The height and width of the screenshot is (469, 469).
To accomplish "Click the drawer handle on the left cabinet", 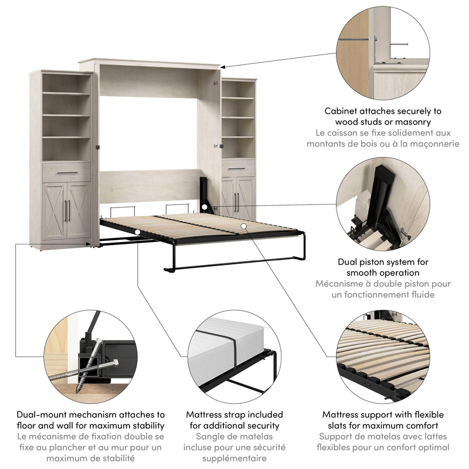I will click(x=67, y=173).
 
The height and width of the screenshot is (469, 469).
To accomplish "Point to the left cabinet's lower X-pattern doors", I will click(x=67, y=211).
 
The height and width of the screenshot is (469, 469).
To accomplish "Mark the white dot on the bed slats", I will click(x=242, y=225).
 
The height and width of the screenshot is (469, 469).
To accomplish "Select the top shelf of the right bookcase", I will click(x=238, y=98).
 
